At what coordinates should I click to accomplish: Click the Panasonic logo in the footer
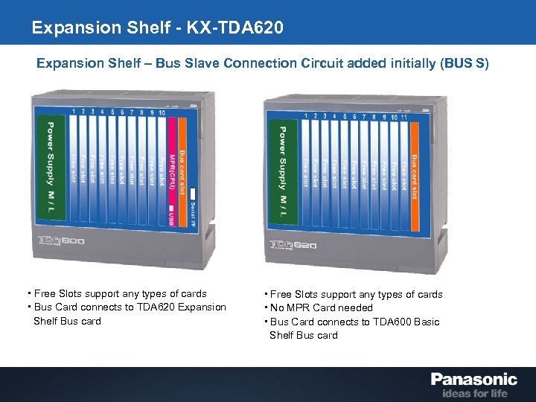473,379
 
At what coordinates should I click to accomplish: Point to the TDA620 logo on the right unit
293,244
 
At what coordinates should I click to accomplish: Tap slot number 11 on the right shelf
403,117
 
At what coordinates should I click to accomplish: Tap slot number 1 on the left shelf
74,112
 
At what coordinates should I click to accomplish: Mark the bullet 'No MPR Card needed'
321,307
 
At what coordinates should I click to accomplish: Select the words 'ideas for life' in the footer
474,393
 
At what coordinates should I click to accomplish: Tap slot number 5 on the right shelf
344,117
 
